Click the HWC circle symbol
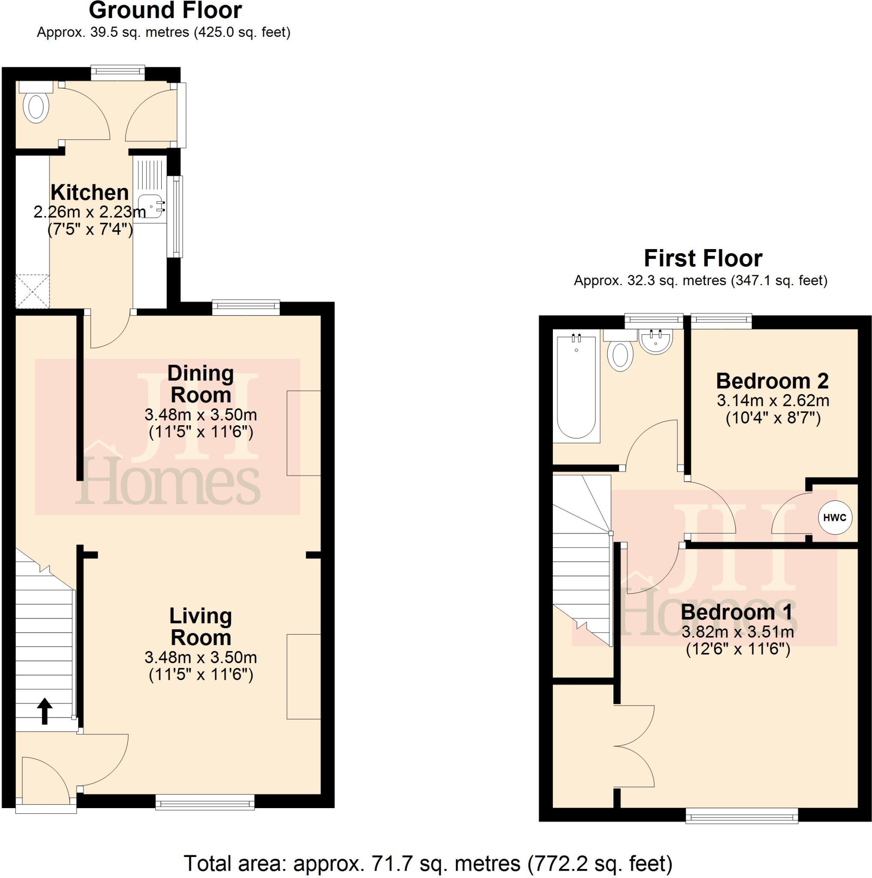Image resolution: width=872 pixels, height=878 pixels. tap(835, 517)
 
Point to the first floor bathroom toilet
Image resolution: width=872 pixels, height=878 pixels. tap(621, 355)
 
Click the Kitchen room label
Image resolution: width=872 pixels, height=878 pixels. tap(90, 192)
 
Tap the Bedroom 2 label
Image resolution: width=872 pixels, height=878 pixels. tap(772, 381)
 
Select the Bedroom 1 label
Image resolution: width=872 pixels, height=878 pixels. tap(736, 612)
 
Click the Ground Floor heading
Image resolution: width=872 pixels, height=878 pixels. tap(165, 10)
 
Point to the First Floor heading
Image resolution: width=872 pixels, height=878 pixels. tap(703, 259)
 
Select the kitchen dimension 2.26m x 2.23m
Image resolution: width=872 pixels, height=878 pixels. tap(90, 212)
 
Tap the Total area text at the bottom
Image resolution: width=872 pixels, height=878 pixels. tap(427, 863)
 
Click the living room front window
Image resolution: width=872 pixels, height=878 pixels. tap(205, 802)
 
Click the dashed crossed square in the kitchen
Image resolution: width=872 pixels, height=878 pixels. tap(32, 291)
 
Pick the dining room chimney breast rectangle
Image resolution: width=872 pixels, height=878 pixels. tap(304, 433)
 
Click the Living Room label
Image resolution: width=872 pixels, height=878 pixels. tap(200, 627)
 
